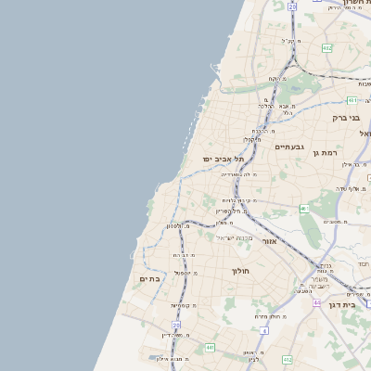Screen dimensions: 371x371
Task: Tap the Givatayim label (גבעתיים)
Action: tap(289, 147)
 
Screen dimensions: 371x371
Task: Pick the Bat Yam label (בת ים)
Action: tap(150, 278)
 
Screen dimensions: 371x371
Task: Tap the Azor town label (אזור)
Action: tap(270, 241)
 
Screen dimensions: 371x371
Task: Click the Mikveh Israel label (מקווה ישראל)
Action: tap(233, 237)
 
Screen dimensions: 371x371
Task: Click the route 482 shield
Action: tap(326, 47)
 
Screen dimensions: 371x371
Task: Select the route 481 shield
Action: tap(352, 99)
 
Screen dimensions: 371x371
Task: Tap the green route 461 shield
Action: tap(303, 209)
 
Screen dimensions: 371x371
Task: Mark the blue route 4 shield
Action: tap(264, 329)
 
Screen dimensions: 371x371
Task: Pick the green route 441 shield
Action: tap(211, 347)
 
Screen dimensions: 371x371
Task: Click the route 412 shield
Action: tap(288, 359)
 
